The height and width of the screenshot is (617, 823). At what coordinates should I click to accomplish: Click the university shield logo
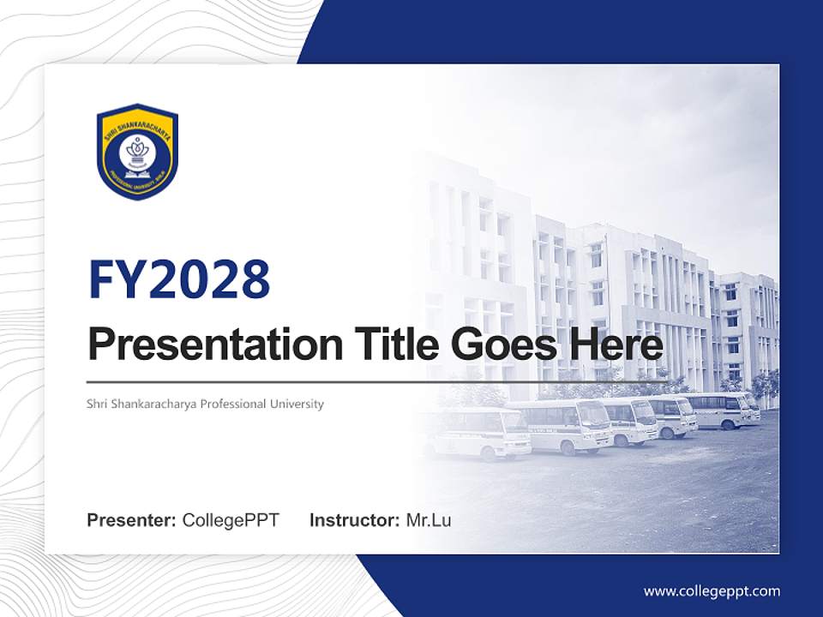(137, 151)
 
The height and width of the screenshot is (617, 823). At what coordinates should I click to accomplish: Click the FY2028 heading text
(179, 279)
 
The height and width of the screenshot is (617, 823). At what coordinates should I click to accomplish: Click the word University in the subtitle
(297, 404)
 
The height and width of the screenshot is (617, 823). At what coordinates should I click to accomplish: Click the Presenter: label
(132, 520)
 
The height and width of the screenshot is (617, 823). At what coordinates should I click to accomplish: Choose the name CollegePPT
(231, 520)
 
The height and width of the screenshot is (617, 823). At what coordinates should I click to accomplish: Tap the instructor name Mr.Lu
(429, 520)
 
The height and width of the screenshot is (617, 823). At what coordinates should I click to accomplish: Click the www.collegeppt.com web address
(712, 591)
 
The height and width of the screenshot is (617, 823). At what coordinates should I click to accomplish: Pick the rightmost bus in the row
(729, 410)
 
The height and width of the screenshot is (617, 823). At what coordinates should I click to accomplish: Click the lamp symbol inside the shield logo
(137, 149)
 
